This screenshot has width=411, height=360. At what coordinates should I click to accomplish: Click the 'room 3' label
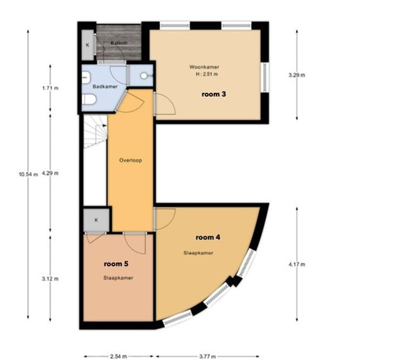[214, 94]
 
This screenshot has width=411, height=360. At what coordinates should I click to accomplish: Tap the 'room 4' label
[208, 237]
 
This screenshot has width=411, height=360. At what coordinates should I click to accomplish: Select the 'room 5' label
[116, 264]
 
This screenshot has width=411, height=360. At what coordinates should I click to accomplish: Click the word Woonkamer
[204, 67]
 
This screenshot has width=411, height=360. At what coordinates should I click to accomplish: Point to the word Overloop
[130, 160]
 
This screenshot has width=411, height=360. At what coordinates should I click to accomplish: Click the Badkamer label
[105, 87]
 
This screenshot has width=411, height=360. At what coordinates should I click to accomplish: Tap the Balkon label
[119, 43]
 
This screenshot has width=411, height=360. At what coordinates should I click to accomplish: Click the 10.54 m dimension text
[28, 174]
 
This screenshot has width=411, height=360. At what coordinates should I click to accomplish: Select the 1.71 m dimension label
[50, 88]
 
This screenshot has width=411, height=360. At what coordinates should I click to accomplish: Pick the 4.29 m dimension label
[50, 173]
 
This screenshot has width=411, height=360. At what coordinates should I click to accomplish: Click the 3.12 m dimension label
[50, 279]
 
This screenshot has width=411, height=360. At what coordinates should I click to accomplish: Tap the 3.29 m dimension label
[297, 75]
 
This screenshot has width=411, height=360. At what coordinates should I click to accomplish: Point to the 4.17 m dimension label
[297, 264]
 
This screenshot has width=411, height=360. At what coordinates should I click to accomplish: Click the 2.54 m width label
[118, 356]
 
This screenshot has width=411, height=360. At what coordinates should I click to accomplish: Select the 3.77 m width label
[207, 356]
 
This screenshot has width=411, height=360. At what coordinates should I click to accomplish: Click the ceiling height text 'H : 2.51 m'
[207, 74]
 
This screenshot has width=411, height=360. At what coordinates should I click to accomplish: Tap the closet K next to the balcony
[87, 45]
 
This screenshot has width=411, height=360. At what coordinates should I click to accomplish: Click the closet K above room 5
[96, 220]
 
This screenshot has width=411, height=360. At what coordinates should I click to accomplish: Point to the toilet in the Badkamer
[89, 99]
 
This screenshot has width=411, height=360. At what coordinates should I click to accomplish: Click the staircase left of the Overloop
[95, 132]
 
